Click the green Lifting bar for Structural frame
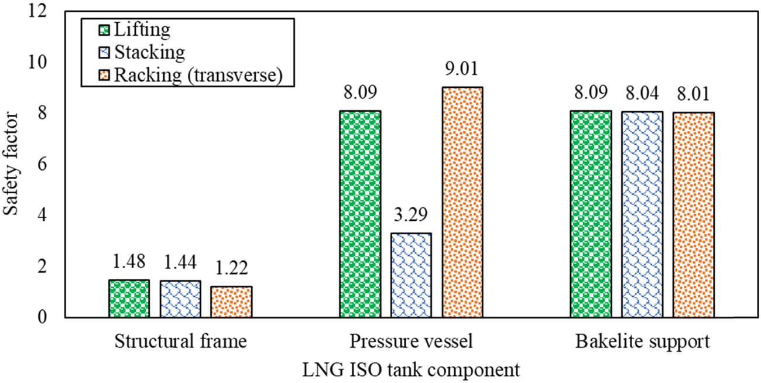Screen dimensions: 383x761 click(129, 299)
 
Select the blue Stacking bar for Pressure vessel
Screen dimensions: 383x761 click(411, 275)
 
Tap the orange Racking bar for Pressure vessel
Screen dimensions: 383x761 click(462, 202)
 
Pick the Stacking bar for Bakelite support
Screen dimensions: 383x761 click(642, 214)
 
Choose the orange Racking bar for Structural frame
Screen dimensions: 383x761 click(231, 302)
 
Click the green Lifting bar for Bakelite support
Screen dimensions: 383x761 click(591, 214)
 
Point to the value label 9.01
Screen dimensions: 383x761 click(462, 69)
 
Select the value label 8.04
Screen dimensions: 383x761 click(642, 93)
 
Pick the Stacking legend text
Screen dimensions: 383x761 click(149, 52)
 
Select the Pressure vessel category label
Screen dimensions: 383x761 click(411, 342)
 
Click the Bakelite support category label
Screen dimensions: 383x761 click(642, 342)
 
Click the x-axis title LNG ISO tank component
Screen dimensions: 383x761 click(411, 370)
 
